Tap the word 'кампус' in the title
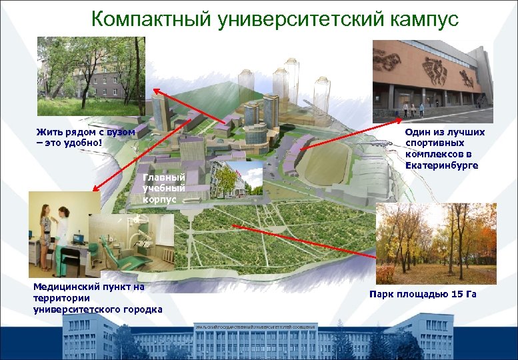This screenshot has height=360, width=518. point(422,19)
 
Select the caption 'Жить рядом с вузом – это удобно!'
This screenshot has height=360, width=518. point(85,137)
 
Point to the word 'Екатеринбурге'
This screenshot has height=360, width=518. point(441,165)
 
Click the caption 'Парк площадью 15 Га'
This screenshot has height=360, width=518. point(423,294)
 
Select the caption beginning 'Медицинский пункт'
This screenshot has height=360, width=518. point(97,298)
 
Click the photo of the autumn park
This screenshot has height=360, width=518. point(436,244)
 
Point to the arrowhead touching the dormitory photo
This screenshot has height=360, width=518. point(155,90)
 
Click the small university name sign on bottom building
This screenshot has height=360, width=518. point(255,327)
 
